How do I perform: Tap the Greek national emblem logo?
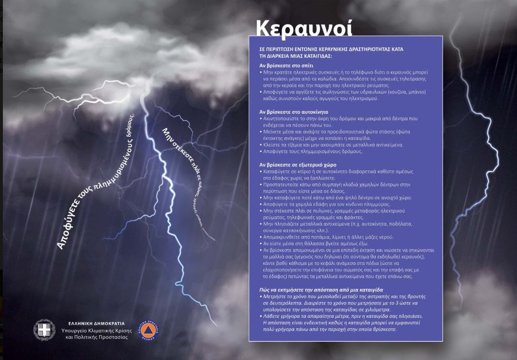tap(44, 330)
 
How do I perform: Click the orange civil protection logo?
tap(148, 330)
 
